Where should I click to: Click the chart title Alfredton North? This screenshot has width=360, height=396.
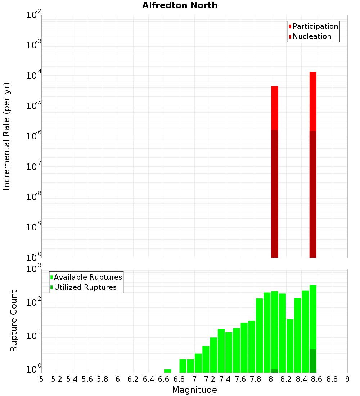point(180,5)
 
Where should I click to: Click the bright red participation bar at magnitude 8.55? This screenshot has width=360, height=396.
point(313,101)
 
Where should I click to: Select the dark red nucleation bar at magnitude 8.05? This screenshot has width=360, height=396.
point(275,194)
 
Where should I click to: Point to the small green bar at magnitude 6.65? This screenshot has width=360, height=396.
point(167,371)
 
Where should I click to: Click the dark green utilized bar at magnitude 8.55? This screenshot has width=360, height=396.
point(313,361)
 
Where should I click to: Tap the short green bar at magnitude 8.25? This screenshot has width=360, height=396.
point(290,346)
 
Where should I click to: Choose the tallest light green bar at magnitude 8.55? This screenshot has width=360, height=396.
point(313,317)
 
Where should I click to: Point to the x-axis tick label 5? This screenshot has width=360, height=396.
point(41,379)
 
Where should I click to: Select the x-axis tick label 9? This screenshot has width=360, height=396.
point(347,379)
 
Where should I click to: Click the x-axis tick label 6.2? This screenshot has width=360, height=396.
point(133,379)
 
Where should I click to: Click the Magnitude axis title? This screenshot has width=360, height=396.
point(194,390)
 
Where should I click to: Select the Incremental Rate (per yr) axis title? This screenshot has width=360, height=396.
point(7,136)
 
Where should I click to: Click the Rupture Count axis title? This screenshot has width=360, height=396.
point(14,321)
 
